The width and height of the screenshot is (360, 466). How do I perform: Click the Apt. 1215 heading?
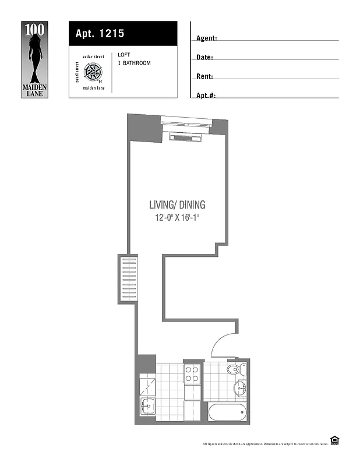(100, 34)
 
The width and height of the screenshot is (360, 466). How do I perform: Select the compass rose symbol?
(93, 73)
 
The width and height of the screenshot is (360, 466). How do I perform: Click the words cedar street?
(94, 57)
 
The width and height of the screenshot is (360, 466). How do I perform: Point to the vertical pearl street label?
(77, 73)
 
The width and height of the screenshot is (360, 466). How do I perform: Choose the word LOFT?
(123, 55)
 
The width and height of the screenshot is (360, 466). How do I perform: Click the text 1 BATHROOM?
(134, 63)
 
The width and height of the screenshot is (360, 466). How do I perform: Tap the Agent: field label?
(207, 38)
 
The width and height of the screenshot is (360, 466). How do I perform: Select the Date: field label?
(204, 58)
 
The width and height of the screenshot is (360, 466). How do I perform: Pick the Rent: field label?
(204, 76)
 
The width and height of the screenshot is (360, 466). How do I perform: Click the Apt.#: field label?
(206, 95)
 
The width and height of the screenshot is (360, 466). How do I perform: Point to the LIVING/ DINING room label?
(177, 205)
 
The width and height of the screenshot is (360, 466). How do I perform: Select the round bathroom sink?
(240, 388)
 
